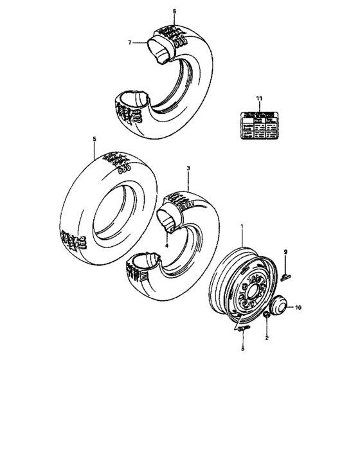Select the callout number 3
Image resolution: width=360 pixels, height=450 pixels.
pyautogui.click(x=188, y=168)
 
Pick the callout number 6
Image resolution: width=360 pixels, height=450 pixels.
pyautogui.click(x=174, y=12)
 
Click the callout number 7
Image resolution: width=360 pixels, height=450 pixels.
pyautogui.click(x=129, y=43)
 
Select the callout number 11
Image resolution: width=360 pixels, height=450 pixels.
pyautogui.click(x=258, y=98)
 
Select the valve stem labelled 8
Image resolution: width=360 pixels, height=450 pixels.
pyautogui.click(x=242, y=331)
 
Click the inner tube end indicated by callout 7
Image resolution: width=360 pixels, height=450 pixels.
pyautogui.click(x=158, y=49)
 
